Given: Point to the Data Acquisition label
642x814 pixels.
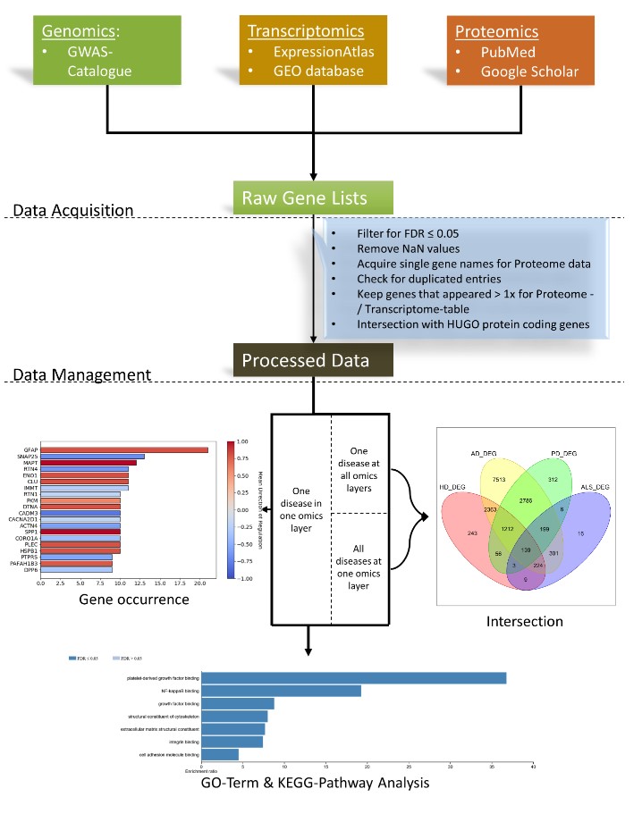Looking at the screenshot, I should coord(73,210).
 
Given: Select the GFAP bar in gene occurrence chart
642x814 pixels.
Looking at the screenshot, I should coord(123,449).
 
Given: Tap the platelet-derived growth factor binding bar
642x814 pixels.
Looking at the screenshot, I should coord(354,677).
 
